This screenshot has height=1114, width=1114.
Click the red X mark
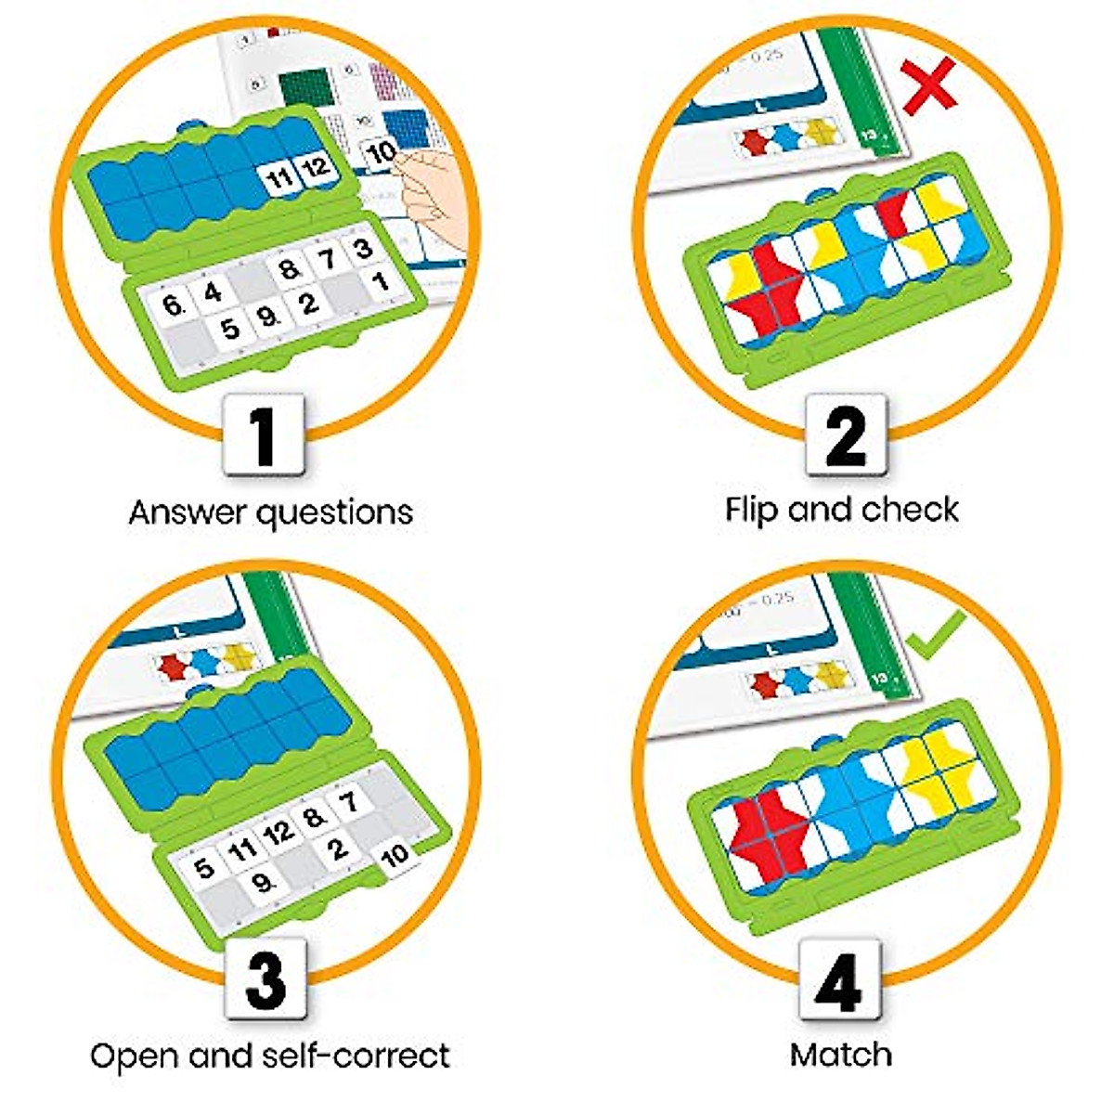coord(929,84)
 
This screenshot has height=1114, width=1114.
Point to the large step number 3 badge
coord(266,978)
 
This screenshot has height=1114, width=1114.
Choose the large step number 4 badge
coord(840,978)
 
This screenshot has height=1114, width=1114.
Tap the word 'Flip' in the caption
coord(753,510)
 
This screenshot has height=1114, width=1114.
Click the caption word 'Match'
coord(840,1055)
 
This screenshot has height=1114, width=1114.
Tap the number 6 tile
coord(172,305)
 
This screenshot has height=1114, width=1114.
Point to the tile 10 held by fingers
coord(382,152)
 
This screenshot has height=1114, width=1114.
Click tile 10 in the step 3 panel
coord(395,855)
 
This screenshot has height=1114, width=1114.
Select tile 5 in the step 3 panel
coord(203,867)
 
